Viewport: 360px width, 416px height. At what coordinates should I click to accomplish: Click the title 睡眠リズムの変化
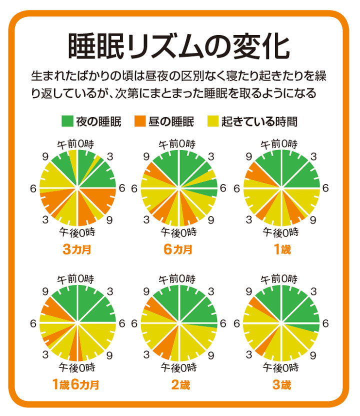click(178, 46)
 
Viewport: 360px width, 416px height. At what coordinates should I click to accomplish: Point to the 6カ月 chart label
click(178, 249)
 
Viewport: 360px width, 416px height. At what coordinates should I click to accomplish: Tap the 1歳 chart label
click(282, 249)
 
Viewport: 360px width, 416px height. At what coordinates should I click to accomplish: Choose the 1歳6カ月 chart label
click(75, 385)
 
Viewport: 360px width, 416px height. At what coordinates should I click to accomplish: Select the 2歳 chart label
click(178, 385)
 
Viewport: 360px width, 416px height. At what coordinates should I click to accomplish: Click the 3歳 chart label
click(282, 385)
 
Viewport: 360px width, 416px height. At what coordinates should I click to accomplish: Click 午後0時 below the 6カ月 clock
click(178, 232)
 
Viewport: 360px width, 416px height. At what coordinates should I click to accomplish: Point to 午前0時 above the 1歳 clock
click(280, 144)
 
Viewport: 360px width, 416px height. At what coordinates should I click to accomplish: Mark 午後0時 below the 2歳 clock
click(178, 368)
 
